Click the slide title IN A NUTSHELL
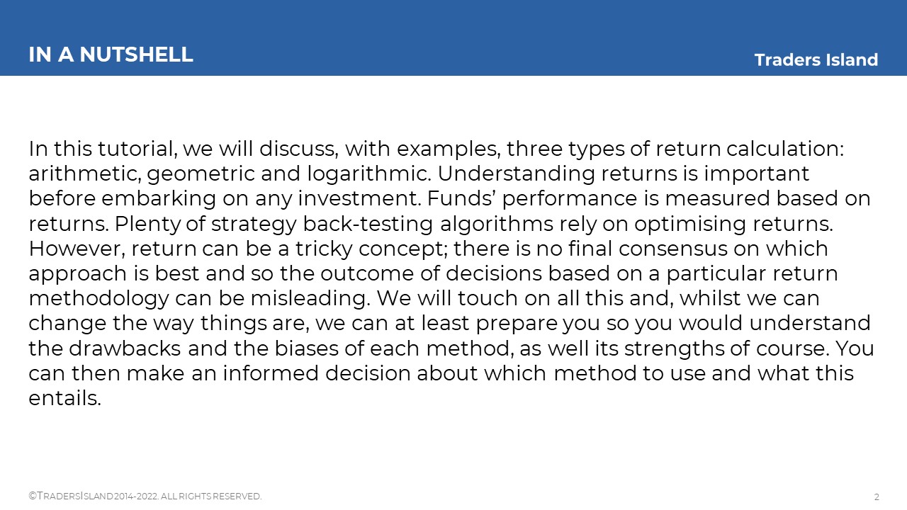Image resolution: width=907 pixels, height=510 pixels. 111,55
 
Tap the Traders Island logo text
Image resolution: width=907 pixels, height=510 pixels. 816,60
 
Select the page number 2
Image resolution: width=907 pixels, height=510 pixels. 877,497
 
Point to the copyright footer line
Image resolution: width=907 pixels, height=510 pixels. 145,497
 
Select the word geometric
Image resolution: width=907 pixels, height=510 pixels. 201,175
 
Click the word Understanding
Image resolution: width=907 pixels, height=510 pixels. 517,175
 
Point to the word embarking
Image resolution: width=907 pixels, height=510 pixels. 158,199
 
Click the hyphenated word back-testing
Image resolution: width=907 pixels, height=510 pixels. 368,225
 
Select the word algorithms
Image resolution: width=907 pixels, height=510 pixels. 497,225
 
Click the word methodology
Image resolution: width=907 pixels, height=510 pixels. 98,299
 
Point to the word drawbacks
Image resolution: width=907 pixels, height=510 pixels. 125,348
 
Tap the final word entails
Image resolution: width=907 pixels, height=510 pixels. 64,398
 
